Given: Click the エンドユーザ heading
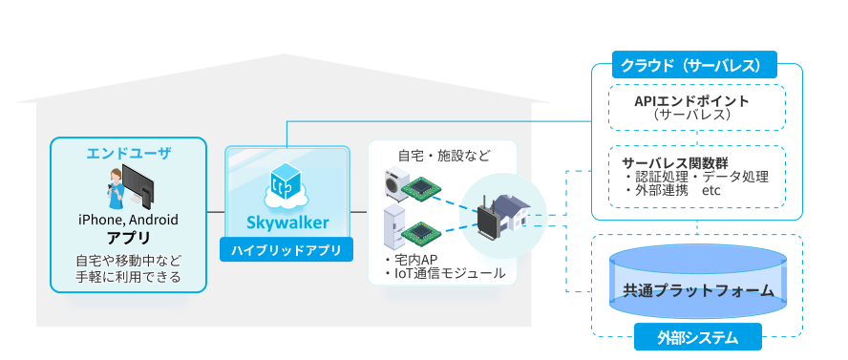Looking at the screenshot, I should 128,153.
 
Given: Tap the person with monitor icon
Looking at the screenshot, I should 129,187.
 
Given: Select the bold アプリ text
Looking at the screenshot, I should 128,238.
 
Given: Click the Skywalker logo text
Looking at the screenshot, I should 287,222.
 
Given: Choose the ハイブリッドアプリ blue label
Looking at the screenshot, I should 286,251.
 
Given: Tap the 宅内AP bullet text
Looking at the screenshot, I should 412,260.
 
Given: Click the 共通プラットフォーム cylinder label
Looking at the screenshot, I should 696,290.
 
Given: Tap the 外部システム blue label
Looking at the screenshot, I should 696,337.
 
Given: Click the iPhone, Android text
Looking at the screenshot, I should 128,220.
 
